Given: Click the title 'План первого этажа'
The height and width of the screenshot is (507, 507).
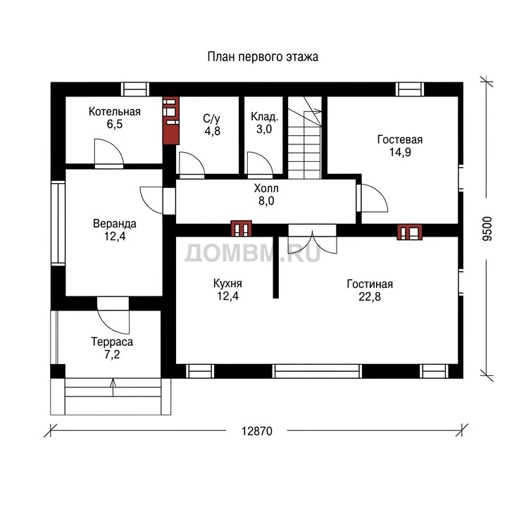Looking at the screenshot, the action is tap(263, 57).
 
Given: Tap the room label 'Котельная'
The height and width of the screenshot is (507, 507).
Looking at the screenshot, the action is tap(115, 111).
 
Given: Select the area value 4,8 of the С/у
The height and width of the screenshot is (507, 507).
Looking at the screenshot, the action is tap(213, 131).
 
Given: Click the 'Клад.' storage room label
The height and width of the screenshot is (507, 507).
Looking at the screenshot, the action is tap(264, 116).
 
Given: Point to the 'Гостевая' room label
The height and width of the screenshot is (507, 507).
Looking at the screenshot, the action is tap(400, 139).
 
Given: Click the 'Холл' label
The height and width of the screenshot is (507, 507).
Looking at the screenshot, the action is tap(266, 188).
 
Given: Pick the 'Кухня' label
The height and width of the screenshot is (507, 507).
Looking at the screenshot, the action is tap(227, 284).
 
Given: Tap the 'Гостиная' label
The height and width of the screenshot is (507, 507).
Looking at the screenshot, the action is tap(370, 284).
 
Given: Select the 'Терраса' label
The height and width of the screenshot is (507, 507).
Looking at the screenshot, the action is tap(112, 342).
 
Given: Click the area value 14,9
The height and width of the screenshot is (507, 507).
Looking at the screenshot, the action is tap(400, 152).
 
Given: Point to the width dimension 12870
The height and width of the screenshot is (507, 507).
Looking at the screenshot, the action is tap(257, 432).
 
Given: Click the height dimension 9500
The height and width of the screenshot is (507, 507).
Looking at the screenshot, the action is tap(487, 229).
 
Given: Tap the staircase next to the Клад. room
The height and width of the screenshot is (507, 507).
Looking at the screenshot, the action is tap(305, 138).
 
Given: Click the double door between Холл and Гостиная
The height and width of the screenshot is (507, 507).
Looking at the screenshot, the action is tap(313, 239).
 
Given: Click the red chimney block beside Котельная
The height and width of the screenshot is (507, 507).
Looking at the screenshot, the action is tap(171, 120).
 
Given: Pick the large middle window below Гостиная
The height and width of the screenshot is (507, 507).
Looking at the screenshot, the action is tap(317, 371).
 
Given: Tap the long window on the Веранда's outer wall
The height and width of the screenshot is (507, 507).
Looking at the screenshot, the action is tap(58, 224).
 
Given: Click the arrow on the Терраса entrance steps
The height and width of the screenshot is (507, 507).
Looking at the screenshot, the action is tap(113, 387).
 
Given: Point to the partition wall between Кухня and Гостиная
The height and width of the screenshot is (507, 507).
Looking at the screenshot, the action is tap(276, 267).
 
